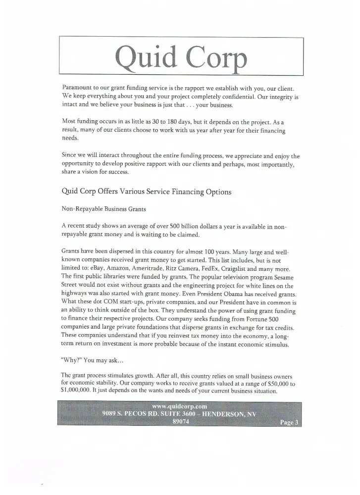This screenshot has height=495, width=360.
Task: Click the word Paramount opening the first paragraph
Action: click(x=78, y=87)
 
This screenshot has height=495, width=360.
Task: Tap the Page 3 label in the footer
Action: click(x=289, y=422)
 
